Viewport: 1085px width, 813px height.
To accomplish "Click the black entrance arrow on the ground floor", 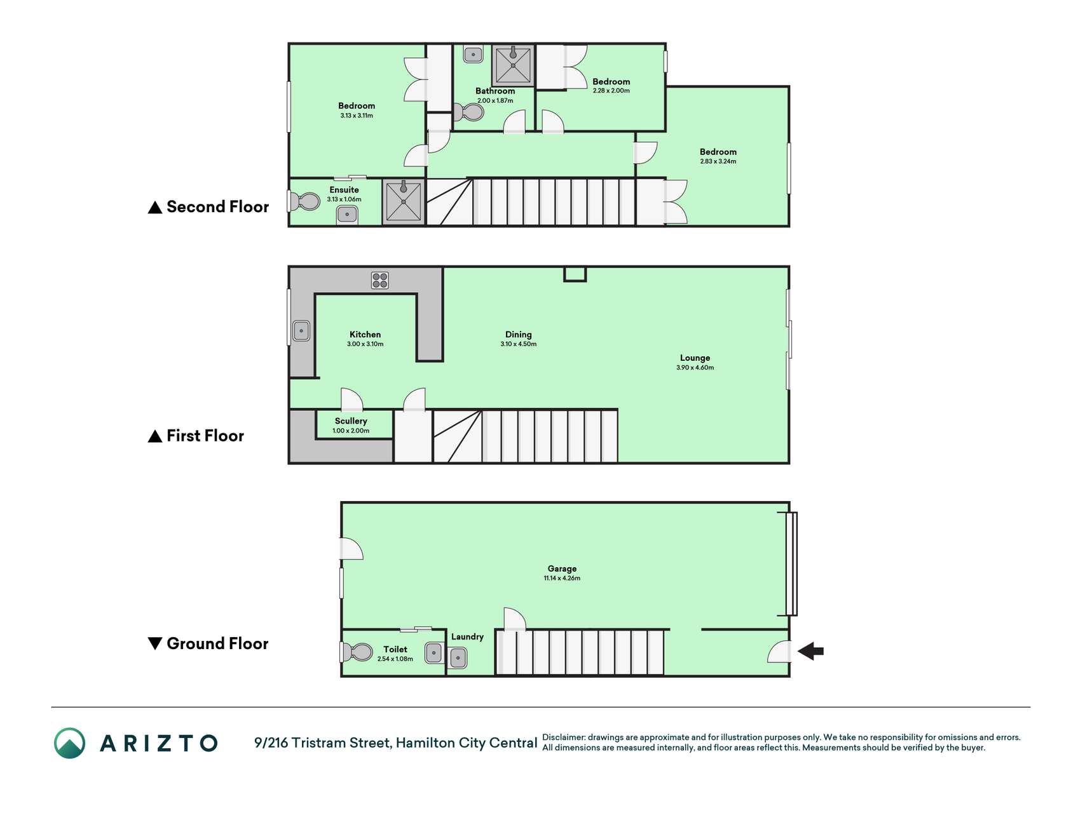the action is click(810, 651).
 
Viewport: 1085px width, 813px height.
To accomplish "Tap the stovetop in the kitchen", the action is click(380, 280).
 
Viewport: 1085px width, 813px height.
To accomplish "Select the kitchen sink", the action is click(301, 331).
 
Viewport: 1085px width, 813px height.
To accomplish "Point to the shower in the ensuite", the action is click(404, 202).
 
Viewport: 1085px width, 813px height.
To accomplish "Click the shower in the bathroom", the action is click(513, 64).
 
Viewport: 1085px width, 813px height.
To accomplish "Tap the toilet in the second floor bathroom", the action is click(469, 112).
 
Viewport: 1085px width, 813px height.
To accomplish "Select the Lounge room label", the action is click(695, 358).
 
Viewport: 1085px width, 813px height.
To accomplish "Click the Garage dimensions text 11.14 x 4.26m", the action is click(562, 579).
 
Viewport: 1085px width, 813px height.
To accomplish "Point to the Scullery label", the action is click(351, 421).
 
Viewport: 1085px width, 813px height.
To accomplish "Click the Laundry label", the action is click(467, 637).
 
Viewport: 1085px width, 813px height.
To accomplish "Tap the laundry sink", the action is click(458, 658).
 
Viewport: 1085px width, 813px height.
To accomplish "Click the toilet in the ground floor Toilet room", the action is click(358, 652).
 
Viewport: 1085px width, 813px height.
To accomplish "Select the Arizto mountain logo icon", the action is click(69, 743).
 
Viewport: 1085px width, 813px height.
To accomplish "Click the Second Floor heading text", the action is click(217, 207).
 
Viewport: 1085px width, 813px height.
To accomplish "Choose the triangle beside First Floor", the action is click(155, 436).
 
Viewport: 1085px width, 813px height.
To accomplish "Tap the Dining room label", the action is click(519, 335).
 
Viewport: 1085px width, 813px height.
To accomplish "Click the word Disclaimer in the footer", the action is click(563, 737).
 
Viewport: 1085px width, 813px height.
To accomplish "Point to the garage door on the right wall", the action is click(791, 564).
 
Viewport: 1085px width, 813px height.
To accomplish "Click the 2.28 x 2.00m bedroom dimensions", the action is click(611, 91).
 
